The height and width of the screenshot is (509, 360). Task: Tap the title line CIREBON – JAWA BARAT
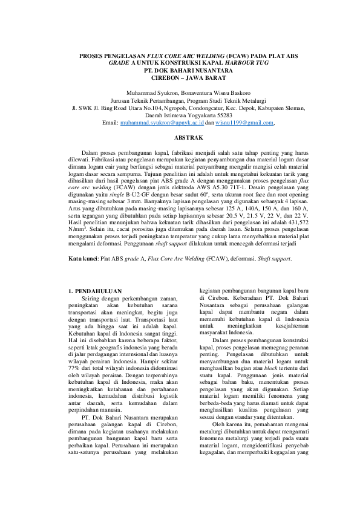(x=180, y=78)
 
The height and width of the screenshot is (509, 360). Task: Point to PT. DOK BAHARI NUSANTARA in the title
(x=180, y=71)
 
